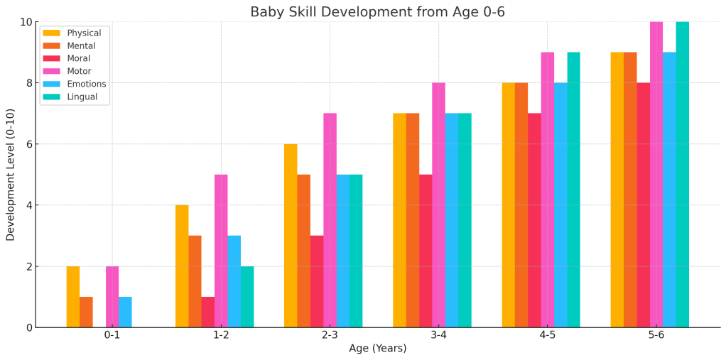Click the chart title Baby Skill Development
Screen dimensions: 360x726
(x=377, y=12)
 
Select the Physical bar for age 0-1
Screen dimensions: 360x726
(x=73, y=297)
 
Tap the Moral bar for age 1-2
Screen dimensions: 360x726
(x=207, y=312)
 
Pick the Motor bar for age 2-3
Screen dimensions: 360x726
(x=330, y=220)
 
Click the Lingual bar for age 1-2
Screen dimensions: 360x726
(x=247, y=297)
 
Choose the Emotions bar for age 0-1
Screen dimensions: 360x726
(x=125, y=312)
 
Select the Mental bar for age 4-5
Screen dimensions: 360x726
(x=521, y=205)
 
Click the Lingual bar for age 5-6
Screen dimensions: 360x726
(x=682, y=175)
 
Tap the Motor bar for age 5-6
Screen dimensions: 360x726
(x=656, y=175)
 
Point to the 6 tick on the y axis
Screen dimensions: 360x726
(x=28, y=144)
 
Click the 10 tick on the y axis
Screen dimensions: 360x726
(x=25, y=22)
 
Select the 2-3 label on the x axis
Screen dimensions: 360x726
(x=330, y=335)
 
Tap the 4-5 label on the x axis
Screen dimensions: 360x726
(x=547, y=335)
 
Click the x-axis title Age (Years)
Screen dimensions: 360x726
(x=377, y=349)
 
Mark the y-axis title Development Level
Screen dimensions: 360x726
(x=11, y=175)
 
